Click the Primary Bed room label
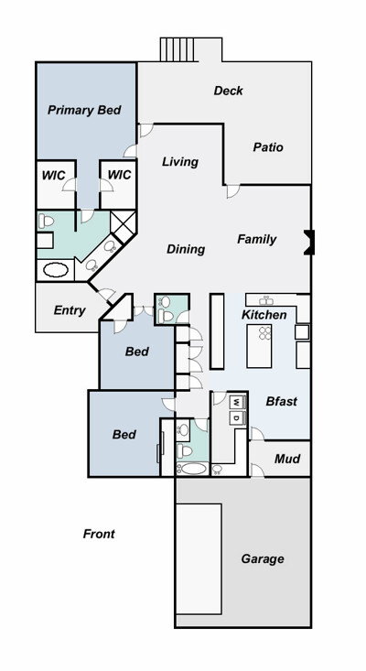tap(84, 110)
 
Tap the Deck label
tap(229, 91)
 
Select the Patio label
tap(268, 147)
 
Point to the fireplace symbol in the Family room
tap(309, 243)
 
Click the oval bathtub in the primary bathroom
tap(56, 270)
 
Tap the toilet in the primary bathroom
tap(46, 221)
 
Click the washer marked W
tap(237, 402)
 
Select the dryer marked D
tap(237, 417)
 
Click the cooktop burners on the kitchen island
tap(265, 333)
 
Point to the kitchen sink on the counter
tap(266, 300)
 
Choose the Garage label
tap(263, 559)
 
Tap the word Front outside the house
tap(99, 534)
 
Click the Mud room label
tap(287, 459)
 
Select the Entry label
tap(70, 310)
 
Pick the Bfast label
tap(281, 401)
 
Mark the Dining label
tap(186, 249)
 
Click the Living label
tap(180, 162)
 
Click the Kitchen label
tap(264, 315)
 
